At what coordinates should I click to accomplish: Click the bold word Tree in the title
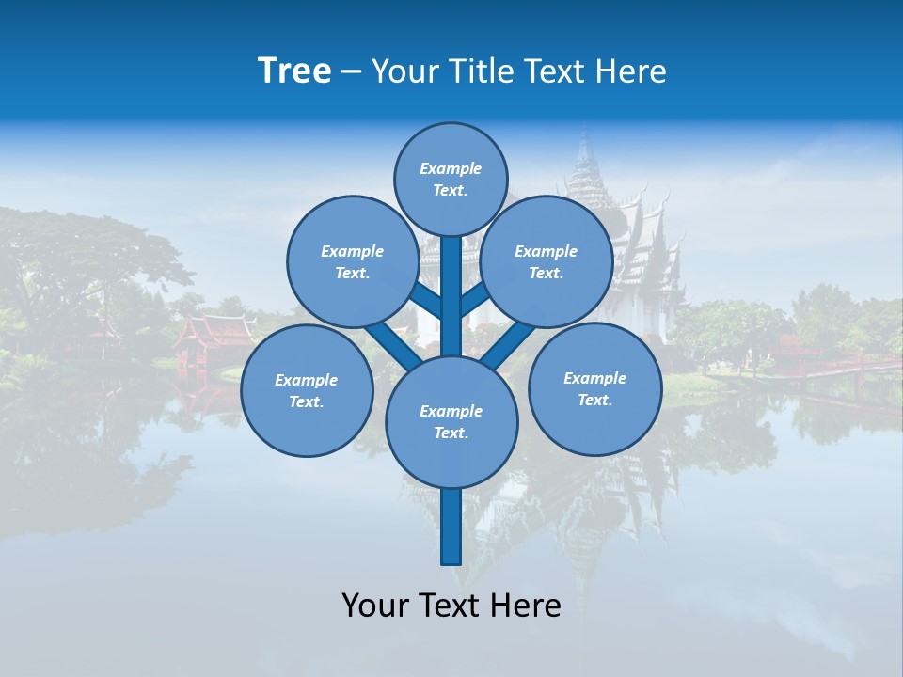click(x=294, y=71)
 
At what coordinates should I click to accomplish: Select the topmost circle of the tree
click(x=451, y=179)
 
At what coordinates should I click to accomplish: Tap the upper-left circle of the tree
click(x=353, y=261)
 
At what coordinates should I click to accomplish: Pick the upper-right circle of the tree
click(x=547, y=261)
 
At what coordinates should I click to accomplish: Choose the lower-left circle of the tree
click(x=307, y=390)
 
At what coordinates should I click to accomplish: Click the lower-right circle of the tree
click(x=595, y=388)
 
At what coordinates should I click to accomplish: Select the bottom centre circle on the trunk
click(x=451, y=421)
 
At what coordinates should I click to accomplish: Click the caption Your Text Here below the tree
click(x=451, y=606)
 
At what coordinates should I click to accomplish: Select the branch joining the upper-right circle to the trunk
click(x=475, y=298)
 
